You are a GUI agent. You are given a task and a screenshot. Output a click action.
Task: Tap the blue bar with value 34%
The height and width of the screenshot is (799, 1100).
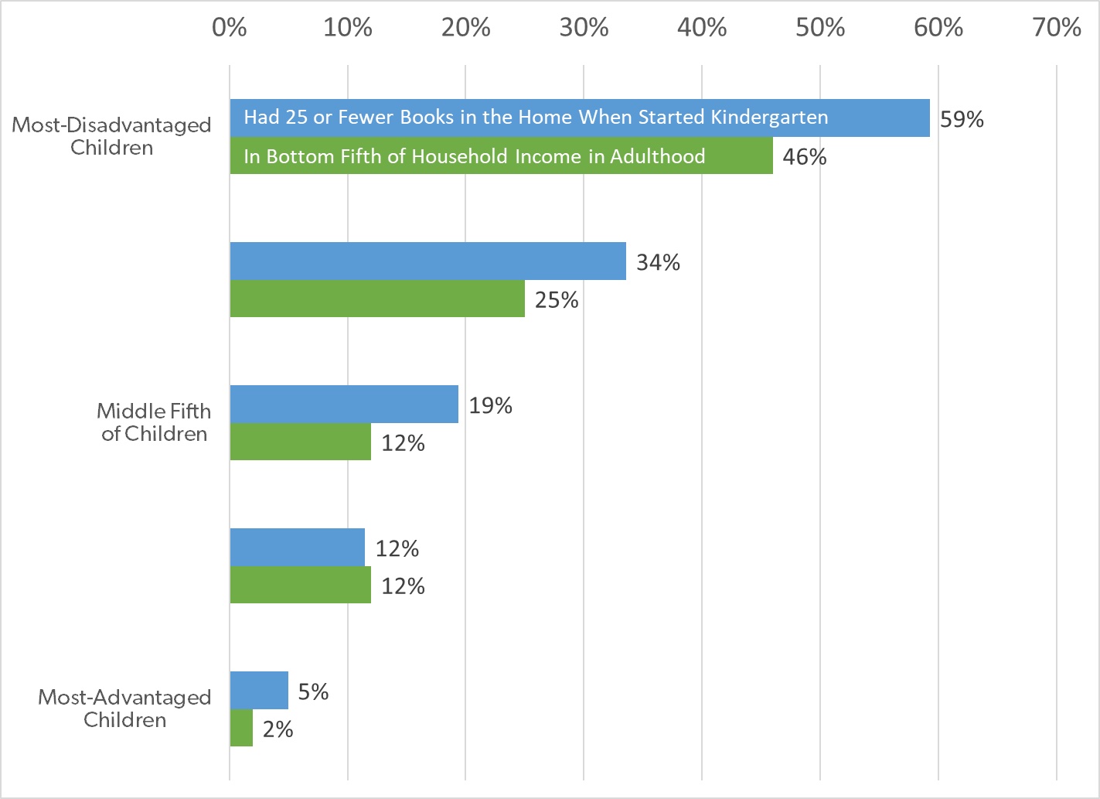click(x=427, y=261)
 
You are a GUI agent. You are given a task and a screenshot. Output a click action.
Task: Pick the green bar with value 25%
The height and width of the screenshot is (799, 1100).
click(x=377, y=299)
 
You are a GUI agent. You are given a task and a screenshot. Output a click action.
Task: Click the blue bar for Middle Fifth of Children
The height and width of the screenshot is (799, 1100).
click(x=344, y=404)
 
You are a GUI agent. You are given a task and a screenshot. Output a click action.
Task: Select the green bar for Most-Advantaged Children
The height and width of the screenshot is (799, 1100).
click(x=241, y=728)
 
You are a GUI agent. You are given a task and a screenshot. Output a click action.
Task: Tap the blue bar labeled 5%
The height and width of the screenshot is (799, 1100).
click(x=259, y=690)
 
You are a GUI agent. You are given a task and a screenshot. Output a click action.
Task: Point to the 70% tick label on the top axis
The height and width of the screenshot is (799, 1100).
click(x=1057, y=28)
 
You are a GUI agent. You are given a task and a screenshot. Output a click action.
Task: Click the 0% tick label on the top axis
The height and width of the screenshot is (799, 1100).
click(x=230, y=28)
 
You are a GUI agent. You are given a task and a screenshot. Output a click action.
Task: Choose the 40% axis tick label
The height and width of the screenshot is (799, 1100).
click(x=702, y=28)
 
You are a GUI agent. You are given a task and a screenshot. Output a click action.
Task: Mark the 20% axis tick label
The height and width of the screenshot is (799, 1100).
click(x=466, y=28)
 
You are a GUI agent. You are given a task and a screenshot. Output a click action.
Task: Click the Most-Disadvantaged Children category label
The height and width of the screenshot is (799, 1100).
click(x=111, y=136)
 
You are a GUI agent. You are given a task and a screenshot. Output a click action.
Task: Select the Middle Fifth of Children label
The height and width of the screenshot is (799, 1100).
click(x=154, y=422)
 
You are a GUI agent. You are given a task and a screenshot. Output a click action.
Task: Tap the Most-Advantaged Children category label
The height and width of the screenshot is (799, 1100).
click(x=124, y=709)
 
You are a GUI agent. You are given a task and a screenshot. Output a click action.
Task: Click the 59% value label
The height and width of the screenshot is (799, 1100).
click(x=962, y=119)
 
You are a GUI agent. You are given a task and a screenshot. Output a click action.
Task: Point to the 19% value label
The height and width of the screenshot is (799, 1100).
click(x=490, y=405)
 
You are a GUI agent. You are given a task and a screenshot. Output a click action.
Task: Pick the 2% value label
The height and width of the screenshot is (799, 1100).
click(x=278, y=729)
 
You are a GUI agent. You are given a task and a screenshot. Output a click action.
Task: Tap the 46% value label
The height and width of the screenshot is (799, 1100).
click(x=805, y=157)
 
